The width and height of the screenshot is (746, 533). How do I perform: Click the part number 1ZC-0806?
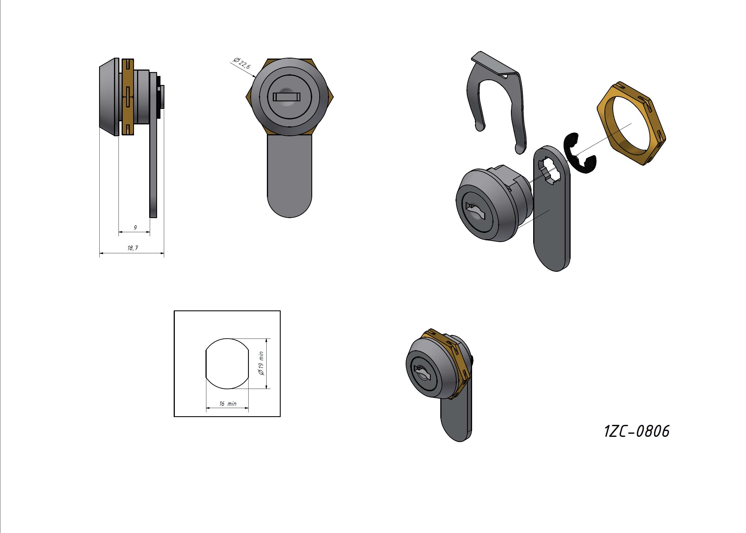[x=636, y=431]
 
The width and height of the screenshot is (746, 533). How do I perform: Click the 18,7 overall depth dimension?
[x=133, y=248]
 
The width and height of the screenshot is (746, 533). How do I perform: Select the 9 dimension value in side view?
[x=135, y=227]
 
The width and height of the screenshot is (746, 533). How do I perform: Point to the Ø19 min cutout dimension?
[x=261, y=363]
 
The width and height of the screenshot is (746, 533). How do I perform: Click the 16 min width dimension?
[x=227, y=404]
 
